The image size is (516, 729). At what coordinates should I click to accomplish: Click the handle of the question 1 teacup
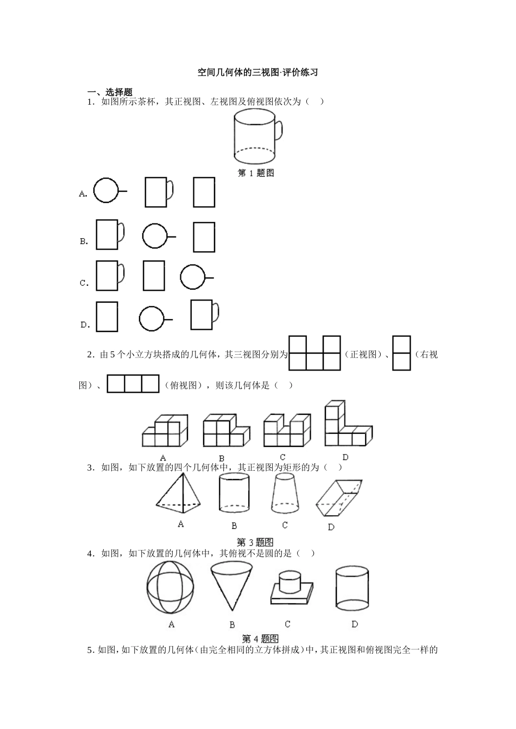pyautogui.click(x=279, y=131)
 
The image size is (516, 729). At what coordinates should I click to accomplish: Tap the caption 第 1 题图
pyautogui.click(x=256, y=173)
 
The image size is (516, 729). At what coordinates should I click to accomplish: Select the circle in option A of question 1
pyautogui.click(x=105, y=191)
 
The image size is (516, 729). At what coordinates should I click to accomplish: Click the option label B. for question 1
pyautogui.click(x=84, y=241)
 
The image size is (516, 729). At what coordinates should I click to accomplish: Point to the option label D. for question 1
pyautogui.click(x=85, y=325)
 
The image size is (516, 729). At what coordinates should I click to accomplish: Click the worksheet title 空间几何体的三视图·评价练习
pyautogui.click(x=257, y=73)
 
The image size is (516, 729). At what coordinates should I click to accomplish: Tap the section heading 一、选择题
pyautogui.click(x=110, y=92)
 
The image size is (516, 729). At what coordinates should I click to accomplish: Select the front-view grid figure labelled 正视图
pyautogui.click(x=314, y=353)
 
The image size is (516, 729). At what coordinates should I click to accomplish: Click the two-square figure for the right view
pyautogui.click(x=401, y=353)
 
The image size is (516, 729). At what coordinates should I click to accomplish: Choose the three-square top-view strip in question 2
pyautogui.click(x=133, y=383)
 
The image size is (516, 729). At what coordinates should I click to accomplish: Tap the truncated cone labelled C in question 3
pyautogui.click(x=285, y=493)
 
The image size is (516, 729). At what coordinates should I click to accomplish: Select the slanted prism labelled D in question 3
pyautogui.click(x=338, y=497)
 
